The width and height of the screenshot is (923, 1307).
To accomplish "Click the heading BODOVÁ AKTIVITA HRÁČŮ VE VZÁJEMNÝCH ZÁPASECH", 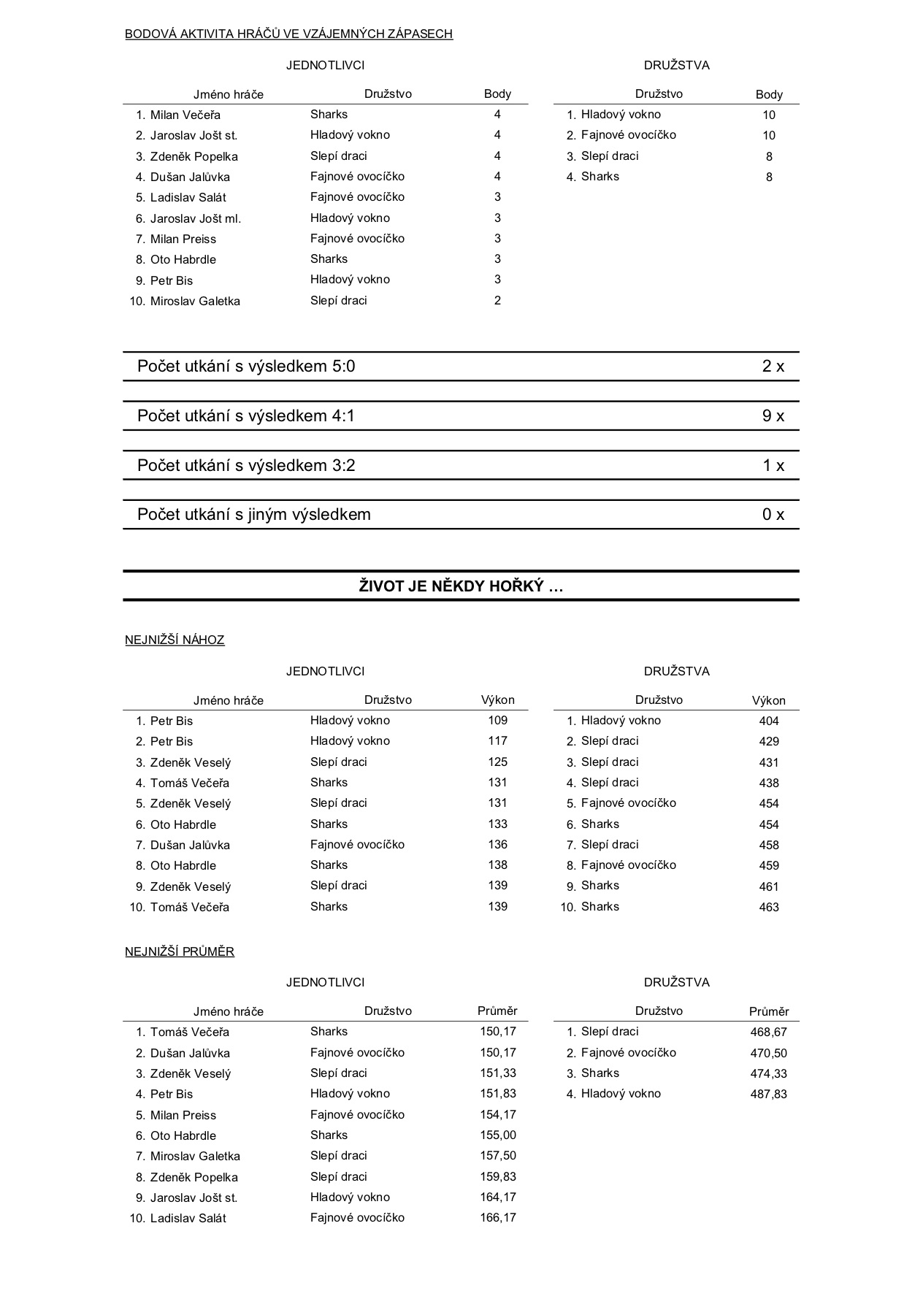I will coord(288,34).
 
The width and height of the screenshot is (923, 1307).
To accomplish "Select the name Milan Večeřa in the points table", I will coord(185,115).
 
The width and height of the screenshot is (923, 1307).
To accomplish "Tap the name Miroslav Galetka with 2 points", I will coord(195,301).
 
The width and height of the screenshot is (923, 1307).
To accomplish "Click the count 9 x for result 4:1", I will coord(773,416).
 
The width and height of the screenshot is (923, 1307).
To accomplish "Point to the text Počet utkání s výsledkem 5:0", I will coord(246,367).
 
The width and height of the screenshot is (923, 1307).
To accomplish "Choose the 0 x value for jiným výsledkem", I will coord(773,515).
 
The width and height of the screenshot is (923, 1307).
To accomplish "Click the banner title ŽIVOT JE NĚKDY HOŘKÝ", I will coord(461,586).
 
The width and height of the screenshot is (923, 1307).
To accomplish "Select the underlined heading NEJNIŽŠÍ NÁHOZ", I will coord(175,640).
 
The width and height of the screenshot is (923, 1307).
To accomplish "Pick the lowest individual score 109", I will coord(497,721).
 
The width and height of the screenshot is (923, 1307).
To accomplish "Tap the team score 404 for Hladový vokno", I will coord(768,721).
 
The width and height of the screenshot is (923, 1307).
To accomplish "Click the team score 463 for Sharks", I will coord(768,908).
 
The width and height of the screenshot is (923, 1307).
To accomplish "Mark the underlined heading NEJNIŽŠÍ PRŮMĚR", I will coord(179,952).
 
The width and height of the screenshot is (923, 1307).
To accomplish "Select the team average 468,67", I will coord(768,1032).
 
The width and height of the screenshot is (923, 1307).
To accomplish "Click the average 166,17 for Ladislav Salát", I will coord(497,1218).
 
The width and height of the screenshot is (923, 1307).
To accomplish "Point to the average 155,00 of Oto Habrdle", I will coord(497,1135).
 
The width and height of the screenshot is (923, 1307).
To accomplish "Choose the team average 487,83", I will coord(768,1095).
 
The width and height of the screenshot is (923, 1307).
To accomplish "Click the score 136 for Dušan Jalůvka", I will coord(497,845).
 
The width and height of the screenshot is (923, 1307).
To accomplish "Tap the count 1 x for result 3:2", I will coord(773,466).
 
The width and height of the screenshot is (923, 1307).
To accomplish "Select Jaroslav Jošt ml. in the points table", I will coord(195,218).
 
